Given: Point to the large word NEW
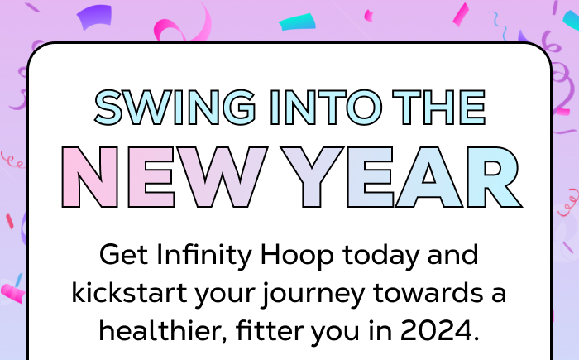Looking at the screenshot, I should pos(165,178).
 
